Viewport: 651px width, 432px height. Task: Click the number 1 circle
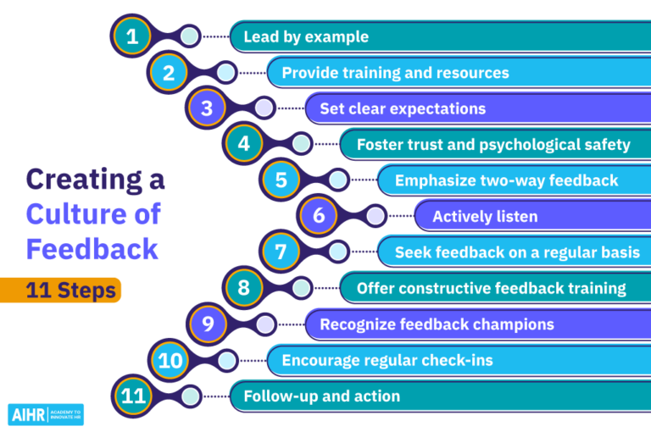pos(132,36)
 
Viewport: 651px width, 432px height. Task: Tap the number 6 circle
pos(319,216)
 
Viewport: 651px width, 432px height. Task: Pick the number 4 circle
pos(244,144)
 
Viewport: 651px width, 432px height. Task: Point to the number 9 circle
pos(207,324)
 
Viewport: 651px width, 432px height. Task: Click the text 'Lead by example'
pos(306,36)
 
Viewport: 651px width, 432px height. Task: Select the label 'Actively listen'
pos(485,216)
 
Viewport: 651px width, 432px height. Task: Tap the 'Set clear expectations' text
pos(403,108)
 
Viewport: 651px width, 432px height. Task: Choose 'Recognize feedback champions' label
pos(437,324)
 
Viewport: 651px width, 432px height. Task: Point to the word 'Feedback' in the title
pos(92,248)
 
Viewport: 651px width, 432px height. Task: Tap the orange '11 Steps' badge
pos(71,291)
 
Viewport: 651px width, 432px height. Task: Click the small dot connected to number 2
pos(226,73)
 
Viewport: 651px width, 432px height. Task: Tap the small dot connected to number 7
pos(338,252)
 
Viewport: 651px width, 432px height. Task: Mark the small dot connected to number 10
pos(226,360)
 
